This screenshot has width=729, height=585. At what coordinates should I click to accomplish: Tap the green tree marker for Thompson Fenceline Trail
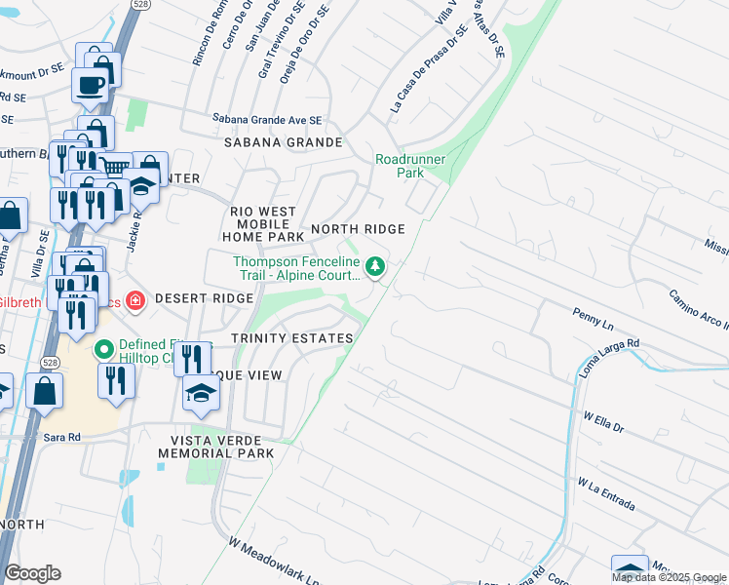(375, 265)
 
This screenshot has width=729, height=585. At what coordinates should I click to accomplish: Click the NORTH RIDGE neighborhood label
(357, 229)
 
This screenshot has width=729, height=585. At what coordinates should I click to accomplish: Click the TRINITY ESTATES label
(291, 338)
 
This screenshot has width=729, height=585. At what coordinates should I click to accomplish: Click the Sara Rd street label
(60, 439)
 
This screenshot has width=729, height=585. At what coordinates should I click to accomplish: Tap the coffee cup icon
(91, 85)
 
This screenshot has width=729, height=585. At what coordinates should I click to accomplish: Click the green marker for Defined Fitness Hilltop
(104, 348)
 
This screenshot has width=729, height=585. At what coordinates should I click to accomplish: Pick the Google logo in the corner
(32, 573)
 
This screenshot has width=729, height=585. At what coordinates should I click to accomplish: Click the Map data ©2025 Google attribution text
(668, 577)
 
